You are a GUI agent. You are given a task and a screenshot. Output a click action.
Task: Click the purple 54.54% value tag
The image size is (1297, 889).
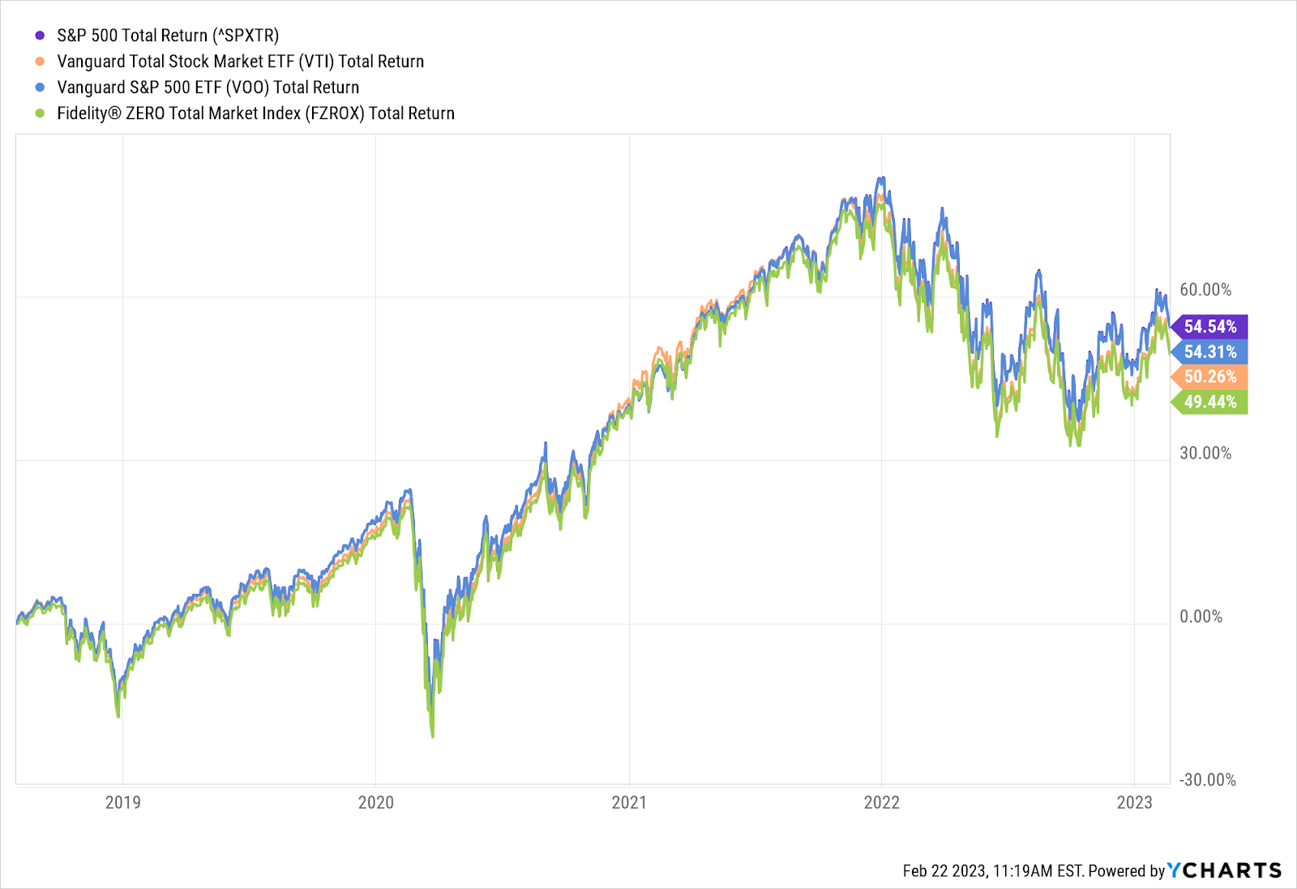1210,327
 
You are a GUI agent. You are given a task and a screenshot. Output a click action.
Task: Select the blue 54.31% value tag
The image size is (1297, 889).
1210,352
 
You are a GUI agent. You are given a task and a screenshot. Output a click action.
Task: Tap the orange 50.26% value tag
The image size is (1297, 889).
1210,377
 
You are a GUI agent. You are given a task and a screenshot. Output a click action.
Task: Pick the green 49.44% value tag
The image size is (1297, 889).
1210,402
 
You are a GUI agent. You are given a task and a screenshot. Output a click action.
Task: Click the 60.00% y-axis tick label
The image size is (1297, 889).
1205,290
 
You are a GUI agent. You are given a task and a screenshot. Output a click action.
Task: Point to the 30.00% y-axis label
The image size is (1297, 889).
1205,453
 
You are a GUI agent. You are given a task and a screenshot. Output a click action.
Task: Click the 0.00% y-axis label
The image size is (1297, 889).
1201,617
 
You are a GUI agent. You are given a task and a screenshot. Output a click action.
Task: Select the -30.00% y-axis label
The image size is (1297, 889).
1208,780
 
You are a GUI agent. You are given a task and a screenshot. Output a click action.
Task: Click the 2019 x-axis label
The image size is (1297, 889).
123,802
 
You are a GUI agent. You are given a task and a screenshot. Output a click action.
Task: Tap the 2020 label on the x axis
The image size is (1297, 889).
376,802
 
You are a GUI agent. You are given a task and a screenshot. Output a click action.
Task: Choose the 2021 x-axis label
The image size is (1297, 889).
629,802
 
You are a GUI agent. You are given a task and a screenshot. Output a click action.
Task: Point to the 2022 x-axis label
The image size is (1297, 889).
882,802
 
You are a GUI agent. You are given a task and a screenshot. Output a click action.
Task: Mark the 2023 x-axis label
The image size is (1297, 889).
1134,802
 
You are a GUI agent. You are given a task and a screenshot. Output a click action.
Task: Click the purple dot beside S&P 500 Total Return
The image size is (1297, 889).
40,36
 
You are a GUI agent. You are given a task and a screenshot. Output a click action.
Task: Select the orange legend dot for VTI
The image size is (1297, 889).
40,62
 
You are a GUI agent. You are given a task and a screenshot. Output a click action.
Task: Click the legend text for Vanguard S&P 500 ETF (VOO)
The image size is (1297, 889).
208,88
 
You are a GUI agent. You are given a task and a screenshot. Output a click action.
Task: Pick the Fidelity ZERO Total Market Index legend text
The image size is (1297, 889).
255,113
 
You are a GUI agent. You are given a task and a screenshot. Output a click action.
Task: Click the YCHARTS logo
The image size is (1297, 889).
1224,870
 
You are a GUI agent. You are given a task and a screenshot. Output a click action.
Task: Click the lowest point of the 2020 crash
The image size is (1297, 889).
432,736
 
